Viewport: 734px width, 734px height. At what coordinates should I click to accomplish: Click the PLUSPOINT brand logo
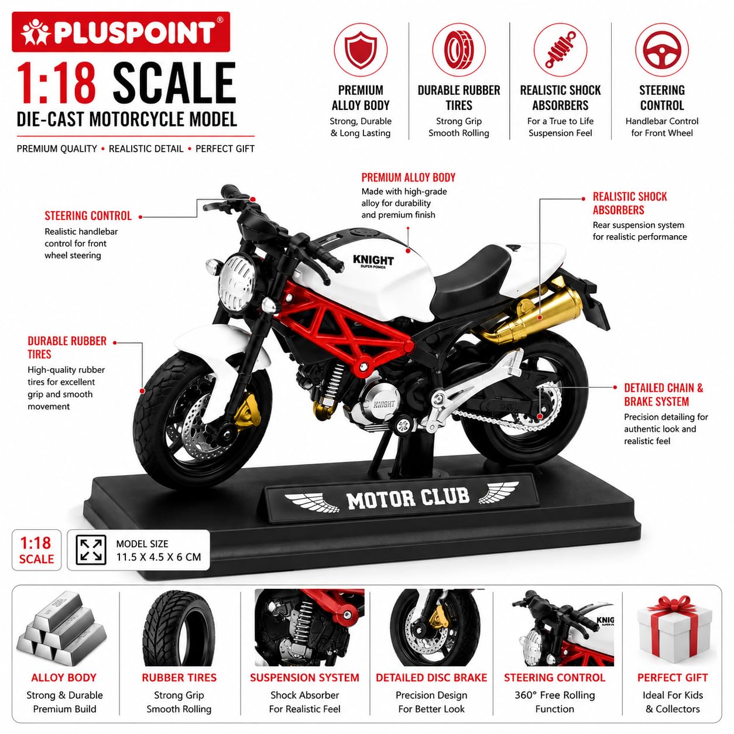121,32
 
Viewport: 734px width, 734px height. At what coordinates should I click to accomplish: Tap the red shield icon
361,50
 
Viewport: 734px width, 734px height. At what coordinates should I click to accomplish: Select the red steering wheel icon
661,50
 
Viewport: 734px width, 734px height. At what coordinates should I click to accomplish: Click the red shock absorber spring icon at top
560,50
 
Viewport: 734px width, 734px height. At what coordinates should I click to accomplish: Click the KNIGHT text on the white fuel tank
373,260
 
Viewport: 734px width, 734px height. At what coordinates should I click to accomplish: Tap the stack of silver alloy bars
61,629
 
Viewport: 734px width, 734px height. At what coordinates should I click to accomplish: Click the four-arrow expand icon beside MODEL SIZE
91,550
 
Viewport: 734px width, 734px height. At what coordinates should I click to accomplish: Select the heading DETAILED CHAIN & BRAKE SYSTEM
664,395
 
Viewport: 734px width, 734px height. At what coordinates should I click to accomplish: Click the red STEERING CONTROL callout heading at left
88,215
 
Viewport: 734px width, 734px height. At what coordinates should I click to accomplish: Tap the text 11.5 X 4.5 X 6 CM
159,557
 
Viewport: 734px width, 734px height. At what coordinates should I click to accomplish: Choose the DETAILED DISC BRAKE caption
431,677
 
